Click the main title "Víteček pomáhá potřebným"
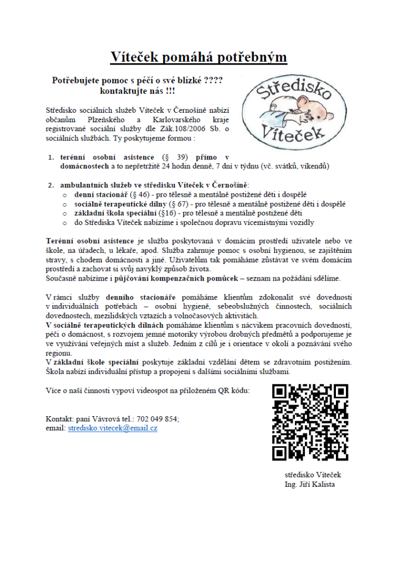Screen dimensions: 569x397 (x=198, y=57)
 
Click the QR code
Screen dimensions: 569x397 (x=310, y=422)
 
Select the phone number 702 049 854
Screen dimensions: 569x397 (x=159, y=418)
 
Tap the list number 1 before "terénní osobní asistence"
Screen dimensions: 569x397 (x=51, y=157)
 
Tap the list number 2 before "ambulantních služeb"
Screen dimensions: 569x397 (x=51, y=184)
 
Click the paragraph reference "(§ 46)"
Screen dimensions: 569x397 (x=139, y=194)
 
